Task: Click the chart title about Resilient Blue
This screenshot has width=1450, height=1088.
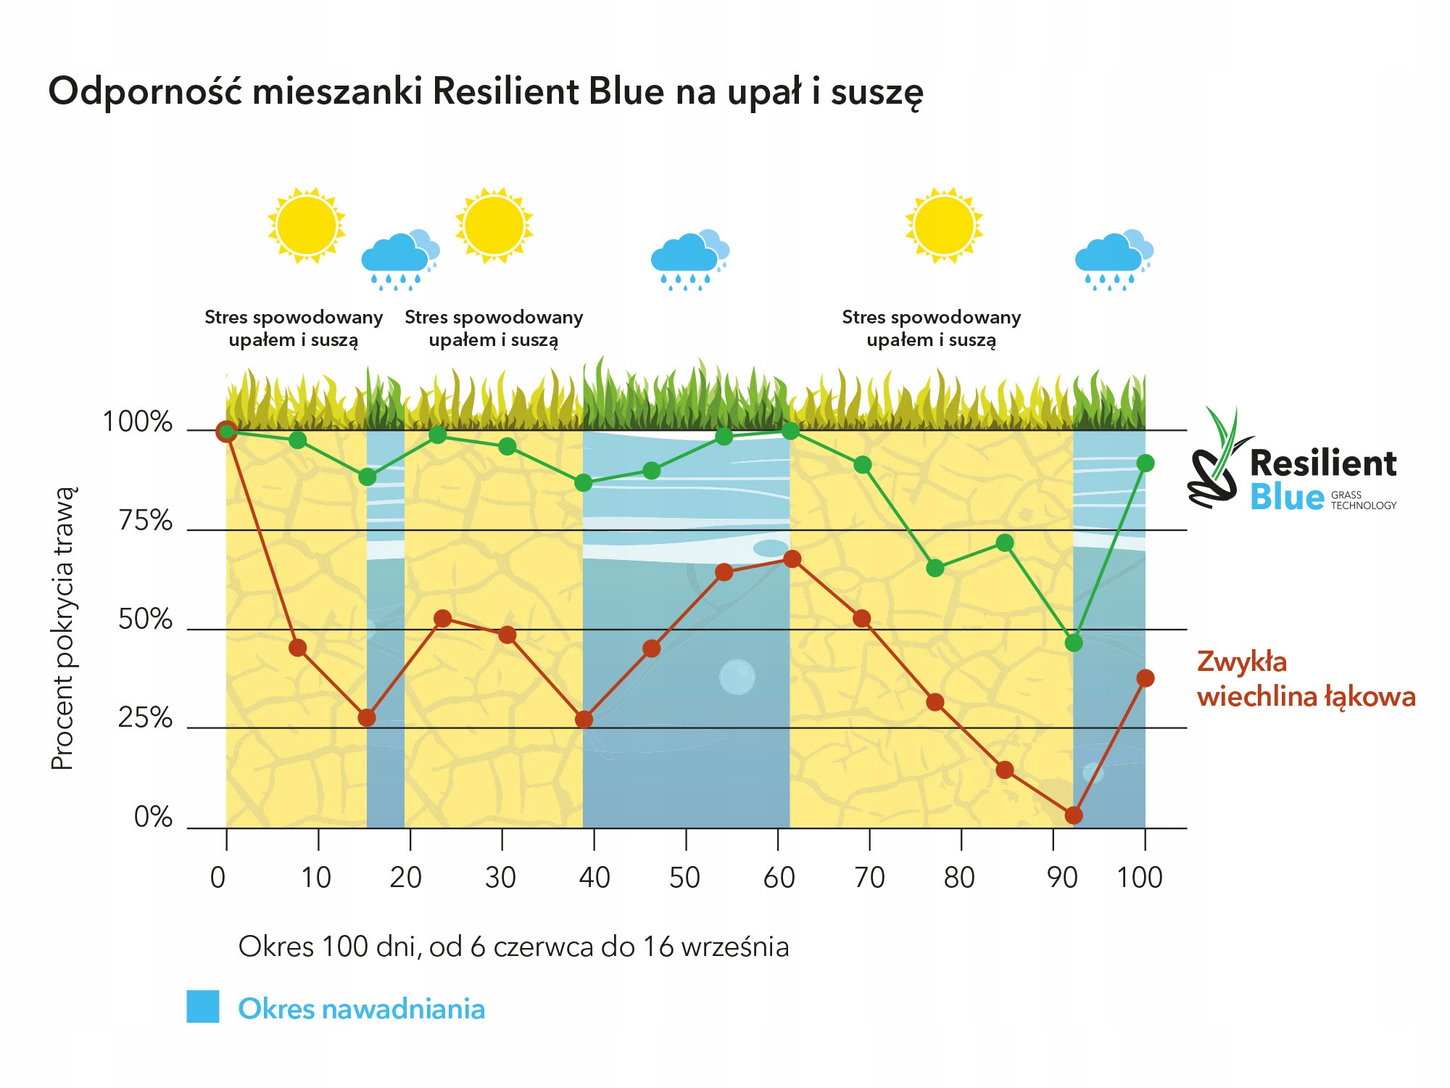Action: (x=486, y=92)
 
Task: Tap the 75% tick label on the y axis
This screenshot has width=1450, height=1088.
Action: (x=146, y=521)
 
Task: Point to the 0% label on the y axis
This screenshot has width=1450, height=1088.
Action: (x=153, y=817)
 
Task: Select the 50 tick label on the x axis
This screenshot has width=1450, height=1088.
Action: (x=684, y=878)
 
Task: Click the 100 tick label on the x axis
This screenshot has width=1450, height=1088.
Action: (x=1139, y=878)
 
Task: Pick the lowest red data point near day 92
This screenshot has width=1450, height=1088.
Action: (x=1074, y=815)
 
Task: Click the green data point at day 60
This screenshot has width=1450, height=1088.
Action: (x=791, y=431)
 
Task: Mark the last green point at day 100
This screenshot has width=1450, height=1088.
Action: (x=1145, y=463)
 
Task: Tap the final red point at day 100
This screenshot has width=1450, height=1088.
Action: (x=1145, y=678)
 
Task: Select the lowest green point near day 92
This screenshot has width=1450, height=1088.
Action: (x=1074, y=643)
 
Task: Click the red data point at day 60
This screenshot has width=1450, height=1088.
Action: (x=792, y=559)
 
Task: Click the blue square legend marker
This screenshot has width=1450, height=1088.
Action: (x=203, y=1007)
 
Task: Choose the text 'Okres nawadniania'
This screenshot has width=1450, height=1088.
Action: (x=361, y=1009)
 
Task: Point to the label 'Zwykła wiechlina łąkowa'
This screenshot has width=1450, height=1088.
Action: (x=1305, y=679)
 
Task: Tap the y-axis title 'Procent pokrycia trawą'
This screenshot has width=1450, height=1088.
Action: (x=63, y=628)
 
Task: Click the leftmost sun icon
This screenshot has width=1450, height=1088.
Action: (x=306, y=225)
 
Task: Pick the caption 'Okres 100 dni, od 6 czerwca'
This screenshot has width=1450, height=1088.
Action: (x=513, y=947)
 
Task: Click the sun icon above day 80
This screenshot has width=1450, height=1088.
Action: (x=944, y=225)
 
